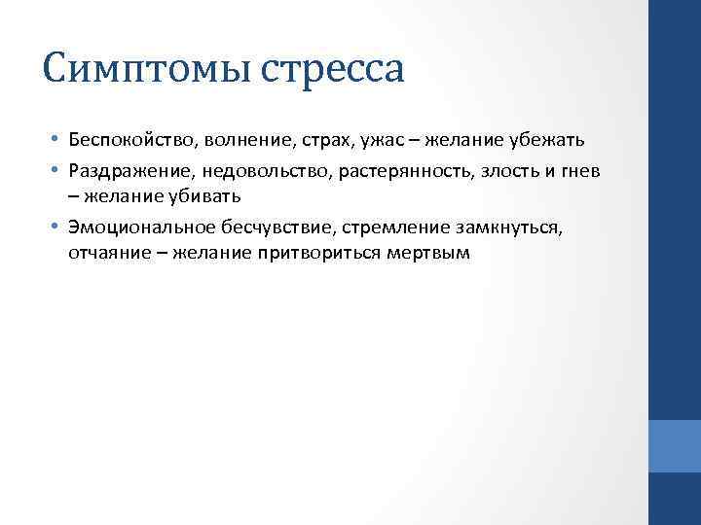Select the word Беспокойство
click(x=129, y=140)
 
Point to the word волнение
click(x=239, y=140)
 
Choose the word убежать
click(x=545, y=140)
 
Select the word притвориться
click(x=326, y=254)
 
